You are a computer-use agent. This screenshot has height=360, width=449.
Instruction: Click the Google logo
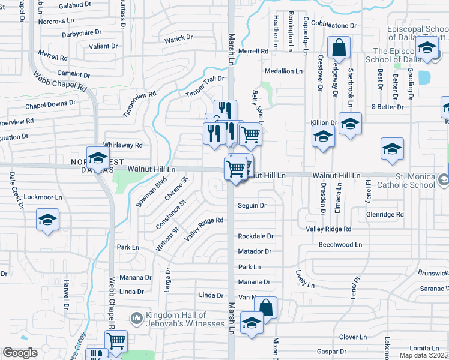20,353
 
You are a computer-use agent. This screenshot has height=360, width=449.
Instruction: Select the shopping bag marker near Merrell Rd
339,49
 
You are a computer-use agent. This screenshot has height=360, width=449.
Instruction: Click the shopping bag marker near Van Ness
266,309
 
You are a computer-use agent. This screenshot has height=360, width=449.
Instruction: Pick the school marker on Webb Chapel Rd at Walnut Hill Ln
97,159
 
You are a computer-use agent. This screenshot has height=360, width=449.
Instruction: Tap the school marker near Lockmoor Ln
47,220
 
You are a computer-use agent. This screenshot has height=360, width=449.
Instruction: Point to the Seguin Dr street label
252,205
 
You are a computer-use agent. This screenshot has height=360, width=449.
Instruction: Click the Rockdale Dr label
256,236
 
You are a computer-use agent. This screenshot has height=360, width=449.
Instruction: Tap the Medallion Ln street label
284,71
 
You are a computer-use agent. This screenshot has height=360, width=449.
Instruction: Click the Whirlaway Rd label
122,145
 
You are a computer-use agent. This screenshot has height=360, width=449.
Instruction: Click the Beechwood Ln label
340,245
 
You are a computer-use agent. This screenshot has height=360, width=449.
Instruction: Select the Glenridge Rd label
385,214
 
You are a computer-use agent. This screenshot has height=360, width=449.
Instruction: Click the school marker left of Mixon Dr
252,323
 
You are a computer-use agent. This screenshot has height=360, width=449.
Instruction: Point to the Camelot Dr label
73,74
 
